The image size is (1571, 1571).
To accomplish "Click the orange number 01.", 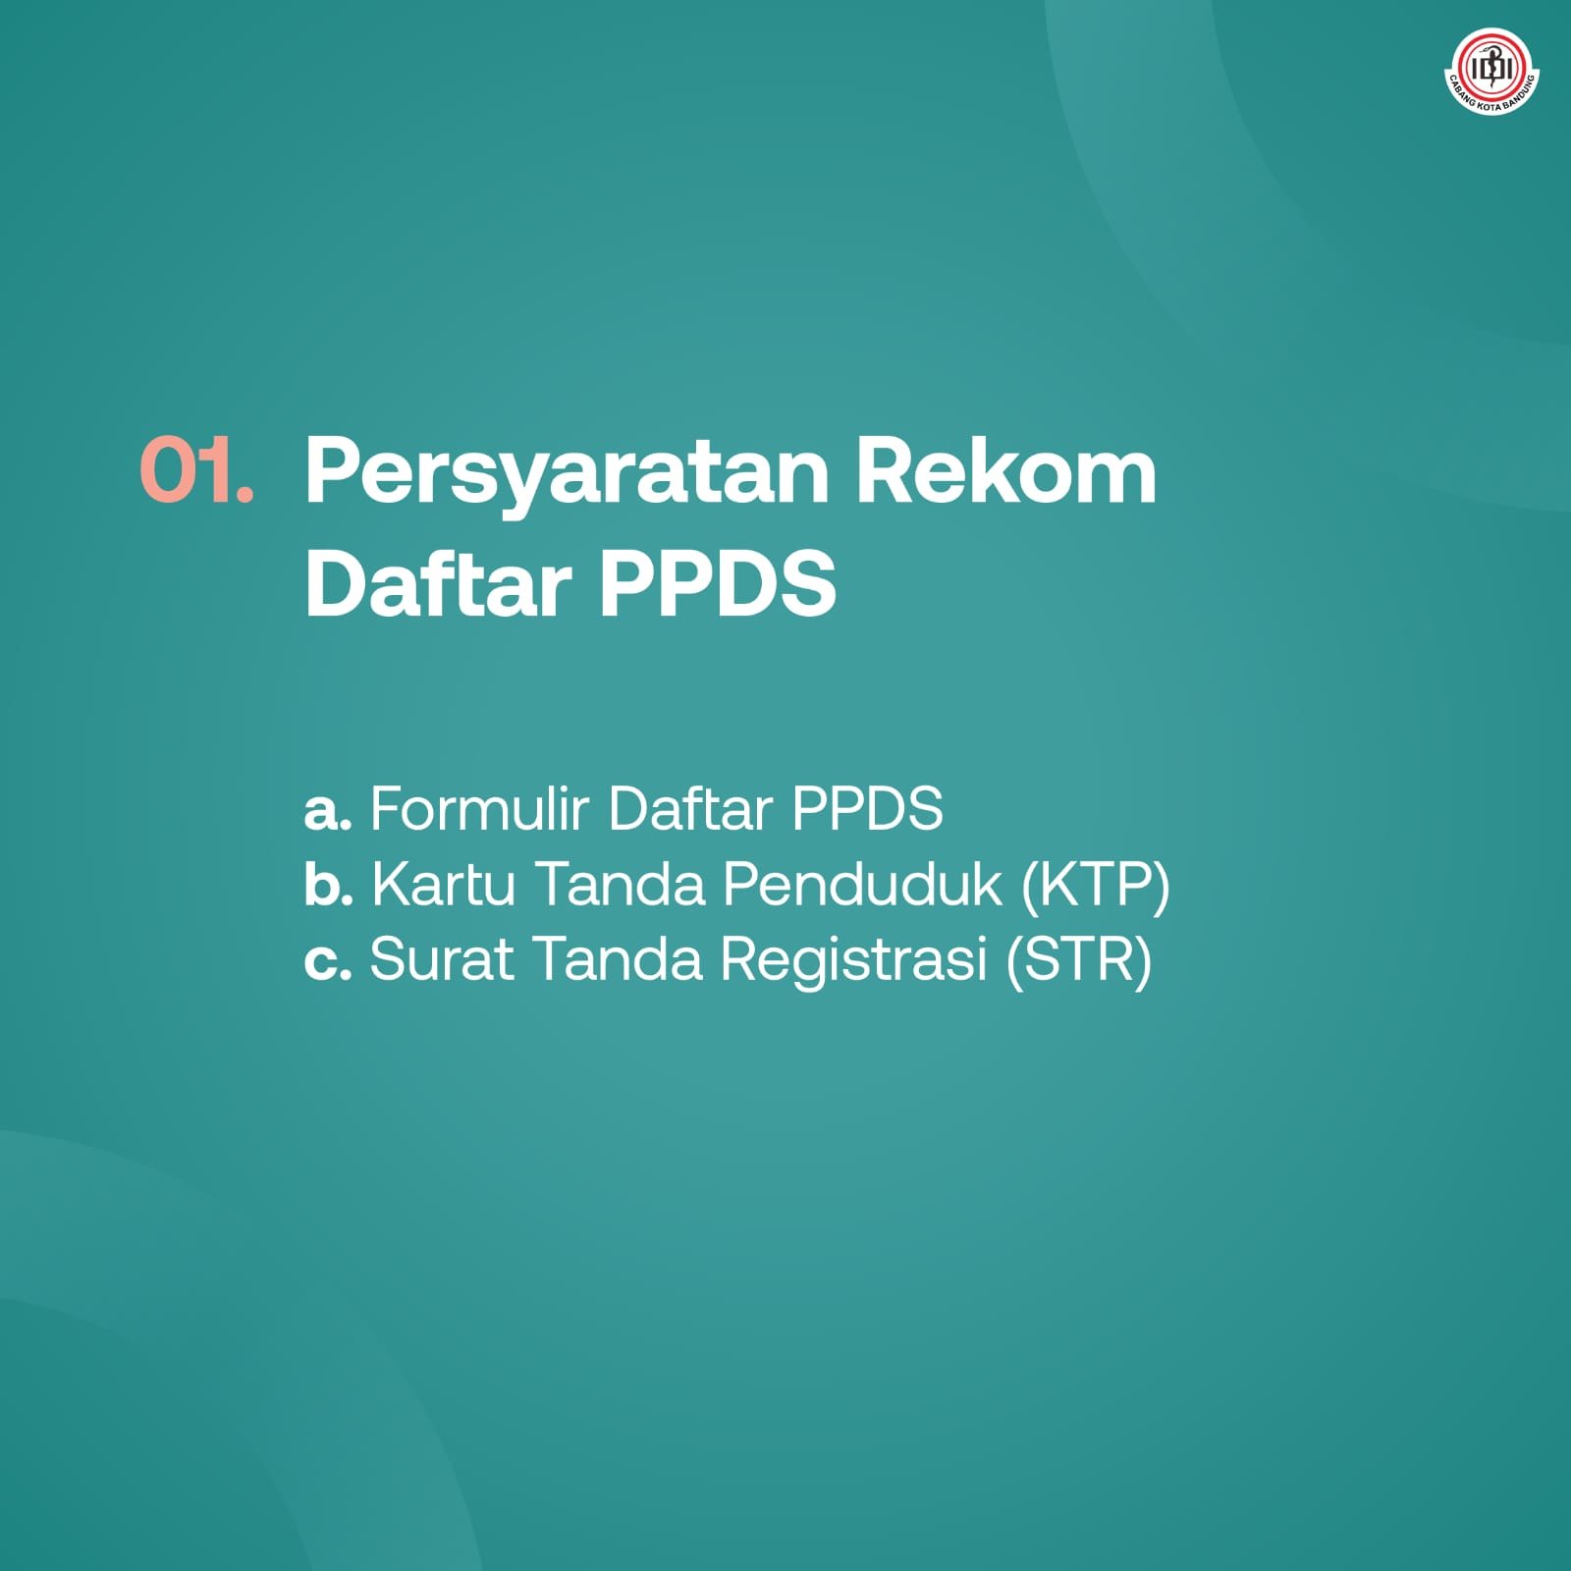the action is point(196,471).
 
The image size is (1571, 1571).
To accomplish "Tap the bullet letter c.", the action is point(327,960).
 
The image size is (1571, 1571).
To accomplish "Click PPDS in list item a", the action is point(867,809).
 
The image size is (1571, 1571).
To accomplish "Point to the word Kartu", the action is point(443,884).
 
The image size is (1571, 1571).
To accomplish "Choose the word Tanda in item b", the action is point(621,884).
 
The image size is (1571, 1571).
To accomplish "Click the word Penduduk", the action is point(863,884).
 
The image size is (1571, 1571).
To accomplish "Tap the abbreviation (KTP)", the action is point(1096,885).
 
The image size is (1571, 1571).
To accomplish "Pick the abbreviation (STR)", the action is point(1079,959).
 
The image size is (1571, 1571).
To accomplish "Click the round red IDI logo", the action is point(1492,70).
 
